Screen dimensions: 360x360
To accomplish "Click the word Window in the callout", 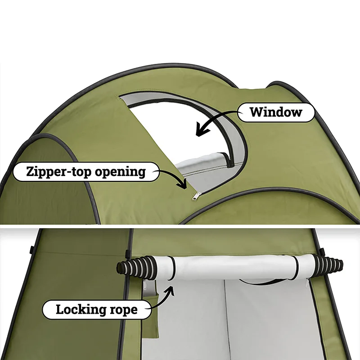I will pos(276,112).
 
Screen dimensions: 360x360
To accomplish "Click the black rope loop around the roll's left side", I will pos(169,270).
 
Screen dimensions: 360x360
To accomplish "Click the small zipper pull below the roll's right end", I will pos(307,284).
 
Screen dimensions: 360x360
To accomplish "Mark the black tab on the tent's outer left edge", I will pos(32,249).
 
